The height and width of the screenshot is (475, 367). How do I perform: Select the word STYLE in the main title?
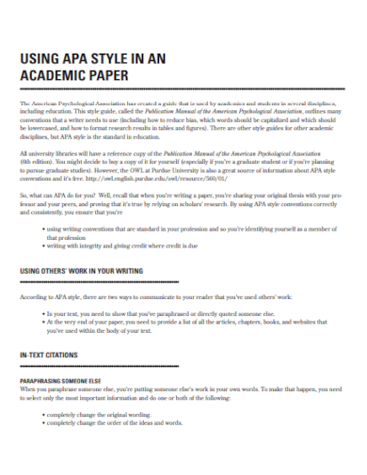(97, 58)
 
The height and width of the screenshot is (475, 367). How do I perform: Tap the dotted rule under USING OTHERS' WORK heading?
(183, 280)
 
